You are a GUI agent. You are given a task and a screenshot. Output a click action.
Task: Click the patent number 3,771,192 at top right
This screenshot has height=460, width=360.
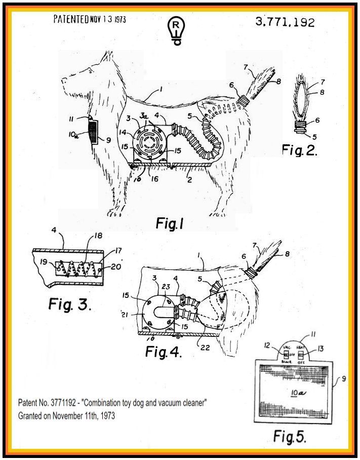(x=285, y=22)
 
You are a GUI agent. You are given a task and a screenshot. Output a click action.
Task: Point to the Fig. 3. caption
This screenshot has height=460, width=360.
(x=70, y=304)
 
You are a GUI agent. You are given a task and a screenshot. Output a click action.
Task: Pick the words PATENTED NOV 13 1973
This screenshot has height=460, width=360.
(x=90, y=20)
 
